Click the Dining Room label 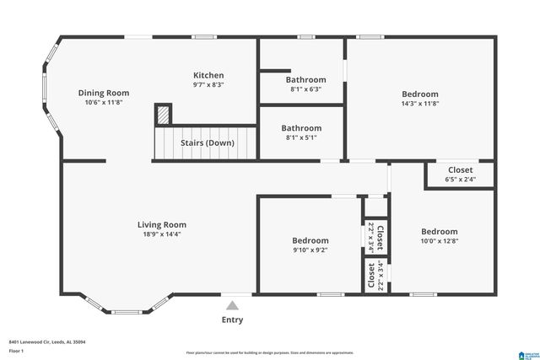(104, 93)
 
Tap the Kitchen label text (208, 75)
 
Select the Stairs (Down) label (208, 142)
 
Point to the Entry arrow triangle (232, 305)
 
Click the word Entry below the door (232, 320)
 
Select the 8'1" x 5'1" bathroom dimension (301, 138)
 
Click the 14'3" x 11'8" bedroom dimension (419, 104)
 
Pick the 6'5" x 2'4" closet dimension (460, 179)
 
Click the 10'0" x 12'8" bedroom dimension (440, 241)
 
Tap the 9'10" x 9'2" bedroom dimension (310, 250)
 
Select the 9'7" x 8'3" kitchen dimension (208, 85)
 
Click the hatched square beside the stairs (163, 114)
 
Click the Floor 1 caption (17, 352)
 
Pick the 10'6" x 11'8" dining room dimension (104, 103)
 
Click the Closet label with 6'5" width (460, 169)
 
